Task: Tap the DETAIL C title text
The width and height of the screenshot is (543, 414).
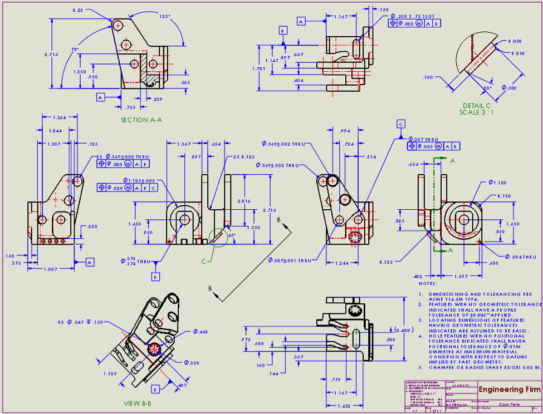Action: (x=476, y=106)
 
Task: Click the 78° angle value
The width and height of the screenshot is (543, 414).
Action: (x=75, y=50)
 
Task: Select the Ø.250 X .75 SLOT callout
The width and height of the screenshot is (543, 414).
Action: (x=415, y=16)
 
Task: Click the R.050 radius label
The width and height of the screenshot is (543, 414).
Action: (x=515, y=42)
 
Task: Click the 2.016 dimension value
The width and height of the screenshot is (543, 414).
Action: (x=244, y=201)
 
